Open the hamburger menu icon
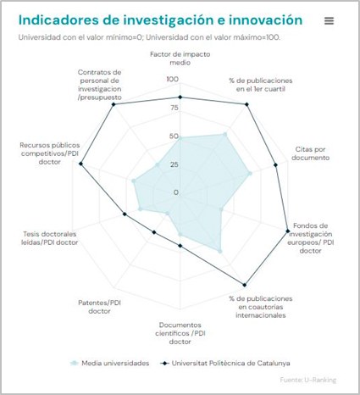click(x=329, y=20)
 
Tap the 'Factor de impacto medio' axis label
click(x=180, y=58)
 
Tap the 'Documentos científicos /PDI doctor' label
click(x=180, y=332)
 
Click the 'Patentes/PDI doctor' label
click(x=100, y=306)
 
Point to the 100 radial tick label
click(x=173, y=80)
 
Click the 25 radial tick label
click(x=174, y=164)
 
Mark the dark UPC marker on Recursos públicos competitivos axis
click(x=81, y=164)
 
